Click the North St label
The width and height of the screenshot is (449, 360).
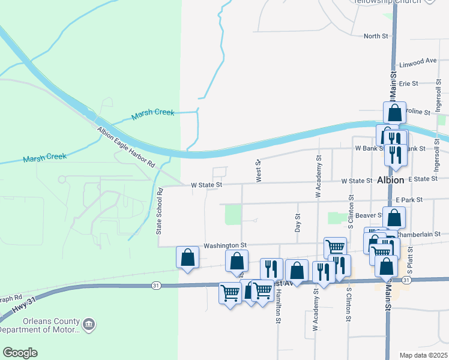(376, 37)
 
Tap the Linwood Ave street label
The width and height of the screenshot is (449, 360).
(418, 61)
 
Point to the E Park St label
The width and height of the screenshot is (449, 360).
(409, 199)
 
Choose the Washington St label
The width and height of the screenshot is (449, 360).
(225, 245)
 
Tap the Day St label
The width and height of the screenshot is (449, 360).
(297, 223)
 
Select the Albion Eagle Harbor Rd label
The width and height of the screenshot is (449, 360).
(126, 148)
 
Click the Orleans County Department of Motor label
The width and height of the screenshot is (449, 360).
(40, 326)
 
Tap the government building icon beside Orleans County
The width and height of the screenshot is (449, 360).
(90, 325)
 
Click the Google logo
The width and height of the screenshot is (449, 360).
(20, 353)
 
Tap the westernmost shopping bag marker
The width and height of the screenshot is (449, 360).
(187, 257)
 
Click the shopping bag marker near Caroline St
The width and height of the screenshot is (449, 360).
(394, 112)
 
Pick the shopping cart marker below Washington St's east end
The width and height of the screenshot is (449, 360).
(335, 247)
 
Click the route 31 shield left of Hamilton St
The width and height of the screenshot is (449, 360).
(156, 285)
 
